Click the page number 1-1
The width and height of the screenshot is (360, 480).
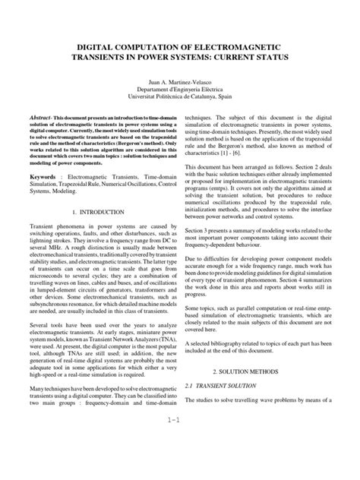coord(179,460)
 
